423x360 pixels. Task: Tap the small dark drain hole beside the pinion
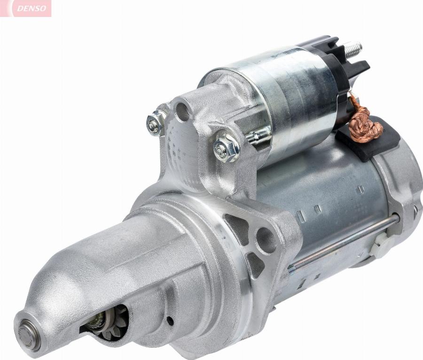tap(170, 321)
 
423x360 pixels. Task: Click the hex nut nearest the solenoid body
tap(226, 147)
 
